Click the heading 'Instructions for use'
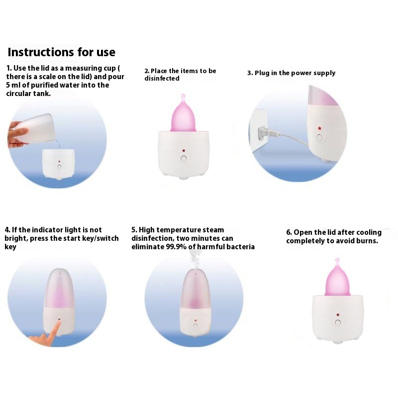(62, 52)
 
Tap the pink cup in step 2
(183, 114)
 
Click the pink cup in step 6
(337, 278)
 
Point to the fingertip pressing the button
(59, 323)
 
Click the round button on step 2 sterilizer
(184, 159)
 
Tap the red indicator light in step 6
(338, 315)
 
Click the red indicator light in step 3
(319, 129)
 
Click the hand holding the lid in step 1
(17, 134)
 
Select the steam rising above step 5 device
(195, 260)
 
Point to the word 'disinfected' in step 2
(162, 79)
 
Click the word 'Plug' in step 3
(262, 73)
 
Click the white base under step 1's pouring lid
(58, 164)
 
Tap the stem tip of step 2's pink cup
(183, 96)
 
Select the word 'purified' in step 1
(45, 85)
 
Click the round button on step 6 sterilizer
(338, 322)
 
